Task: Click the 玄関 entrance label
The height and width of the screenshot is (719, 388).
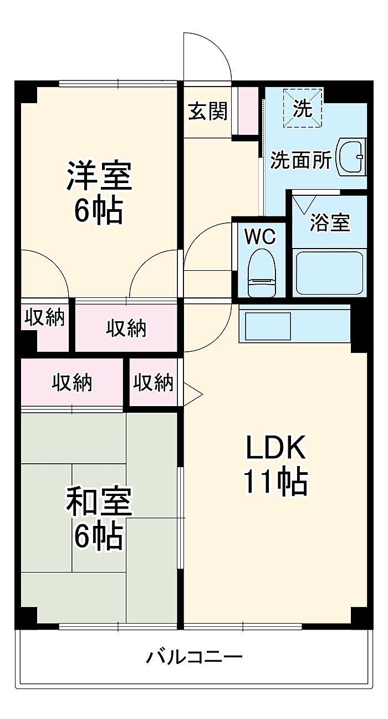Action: coord(207,111)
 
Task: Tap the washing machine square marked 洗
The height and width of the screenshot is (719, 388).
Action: coord(303,108)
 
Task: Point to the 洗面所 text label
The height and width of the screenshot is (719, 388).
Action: coord(300,160)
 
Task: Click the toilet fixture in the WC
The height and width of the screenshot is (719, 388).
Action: coord(262,273)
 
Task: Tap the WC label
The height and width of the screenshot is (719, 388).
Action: coord(260,236)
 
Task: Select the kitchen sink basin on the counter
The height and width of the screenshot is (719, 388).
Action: coord(268,326)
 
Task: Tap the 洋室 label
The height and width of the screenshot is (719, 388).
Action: coord(99,176)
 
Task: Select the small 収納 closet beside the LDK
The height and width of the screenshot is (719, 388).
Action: coord(154,382)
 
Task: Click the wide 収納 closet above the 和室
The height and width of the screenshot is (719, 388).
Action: coord(72,382)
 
